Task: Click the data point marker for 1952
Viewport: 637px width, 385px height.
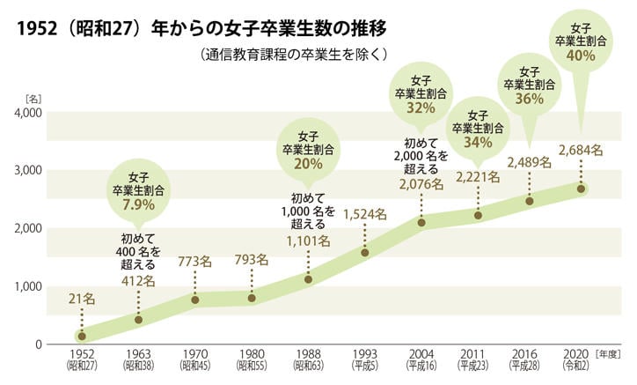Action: [x=82, y=336]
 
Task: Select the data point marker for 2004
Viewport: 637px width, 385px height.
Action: [x=422, y=223]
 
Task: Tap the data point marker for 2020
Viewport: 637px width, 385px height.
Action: [x=581, y=189]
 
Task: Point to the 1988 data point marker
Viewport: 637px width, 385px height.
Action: [x=309, y=279]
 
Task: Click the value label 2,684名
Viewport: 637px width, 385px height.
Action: [x=581, y=150]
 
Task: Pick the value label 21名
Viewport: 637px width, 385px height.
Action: [x=82, y=300]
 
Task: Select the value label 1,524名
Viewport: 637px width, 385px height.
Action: [x=365, y=213]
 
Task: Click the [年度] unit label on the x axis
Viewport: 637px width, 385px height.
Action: [x=611, y=353]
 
